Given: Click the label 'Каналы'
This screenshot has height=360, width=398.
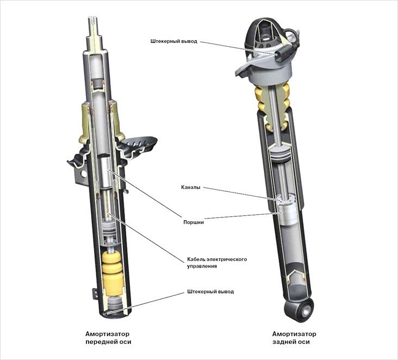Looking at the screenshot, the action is tap(191, 188).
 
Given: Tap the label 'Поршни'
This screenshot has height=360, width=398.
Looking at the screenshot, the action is tap(194, 222).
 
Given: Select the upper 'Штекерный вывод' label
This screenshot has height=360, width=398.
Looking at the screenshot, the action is tap(173, 41).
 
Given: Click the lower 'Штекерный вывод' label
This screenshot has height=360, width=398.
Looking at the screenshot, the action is tap(210, 291).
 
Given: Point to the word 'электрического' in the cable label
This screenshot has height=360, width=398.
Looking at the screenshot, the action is tap(227, 259).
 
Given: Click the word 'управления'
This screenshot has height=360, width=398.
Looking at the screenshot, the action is tap(202, 266).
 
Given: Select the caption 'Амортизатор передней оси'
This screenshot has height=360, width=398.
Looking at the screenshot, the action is tap(108, 338).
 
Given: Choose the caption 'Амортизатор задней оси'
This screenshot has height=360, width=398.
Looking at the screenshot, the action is tap(294, 338).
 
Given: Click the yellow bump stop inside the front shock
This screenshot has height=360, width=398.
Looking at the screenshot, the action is tap(112, 273).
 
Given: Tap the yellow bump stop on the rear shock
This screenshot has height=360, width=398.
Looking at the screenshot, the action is tap(272, 104).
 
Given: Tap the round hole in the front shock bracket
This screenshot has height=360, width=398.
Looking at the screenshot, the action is tap(83, 173).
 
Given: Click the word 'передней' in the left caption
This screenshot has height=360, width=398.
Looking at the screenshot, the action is tap(98, 342).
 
